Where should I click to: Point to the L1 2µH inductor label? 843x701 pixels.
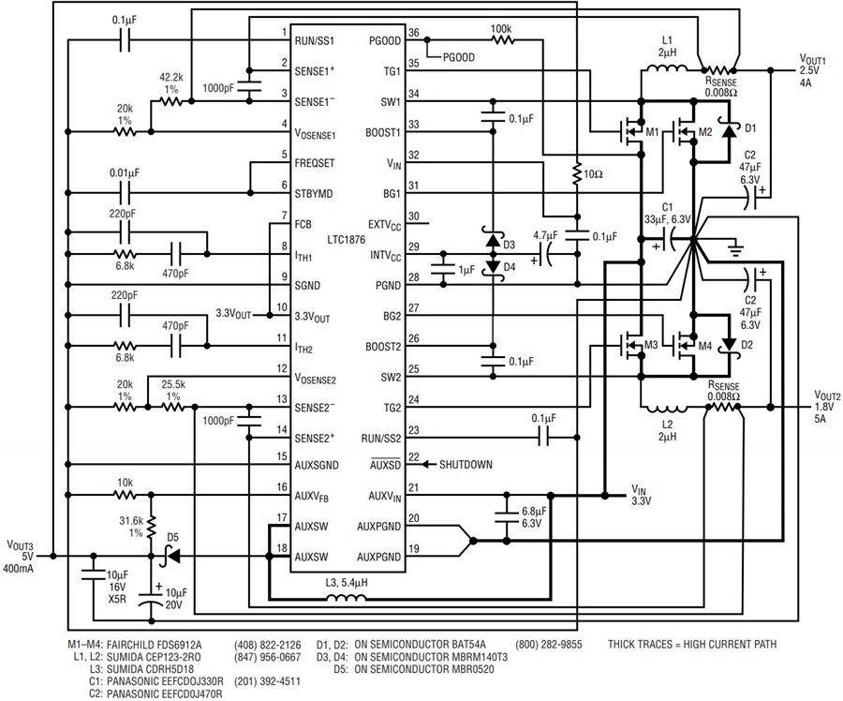667,46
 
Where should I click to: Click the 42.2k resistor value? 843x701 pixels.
170,80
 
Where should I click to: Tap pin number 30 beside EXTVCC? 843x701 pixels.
413,224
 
